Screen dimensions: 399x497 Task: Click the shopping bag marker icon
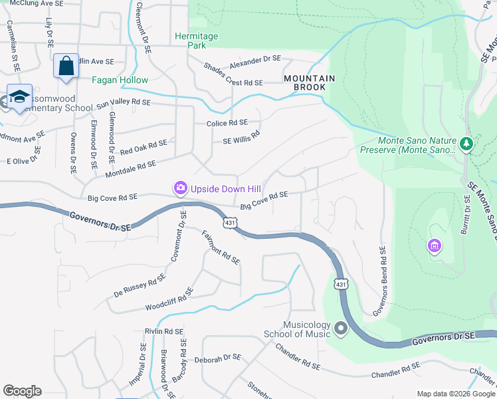coord(66,66)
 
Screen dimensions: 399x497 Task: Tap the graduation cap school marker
coord(19,97)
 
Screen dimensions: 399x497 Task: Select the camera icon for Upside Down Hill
coord(180,189)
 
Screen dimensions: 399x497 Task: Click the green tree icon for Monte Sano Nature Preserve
coord(467,143)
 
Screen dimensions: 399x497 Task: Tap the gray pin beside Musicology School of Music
coord(341,329)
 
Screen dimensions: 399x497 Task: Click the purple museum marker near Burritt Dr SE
coord(435,247)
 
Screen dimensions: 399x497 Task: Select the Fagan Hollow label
coord(120,80)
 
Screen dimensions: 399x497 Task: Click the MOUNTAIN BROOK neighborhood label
coord(310,82)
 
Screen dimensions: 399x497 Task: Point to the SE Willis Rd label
coord(241,136)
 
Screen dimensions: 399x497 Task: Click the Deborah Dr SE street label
coord(217,358)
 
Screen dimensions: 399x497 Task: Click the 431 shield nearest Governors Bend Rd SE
coord(340,284)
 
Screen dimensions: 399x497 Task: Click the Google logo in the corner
coord(22,391)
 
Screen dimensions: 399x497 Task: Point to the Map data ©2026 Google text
coord(454,393)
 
